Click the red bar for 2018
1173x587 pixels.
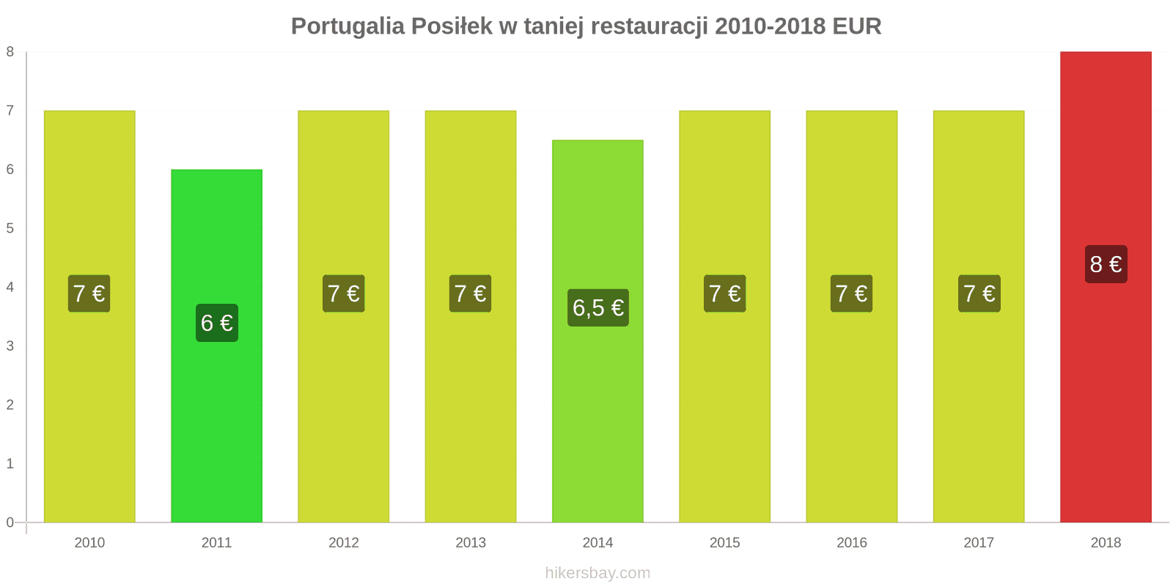tap(1106, 404)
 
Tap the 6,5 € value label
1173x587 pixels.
tap(597, 307)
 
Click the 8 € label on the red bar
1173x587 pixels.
tap(1106, 264)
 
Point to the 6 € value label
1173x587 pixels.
tap(216, 323)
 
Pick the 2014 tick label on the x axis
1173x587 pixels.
tap(597, 542)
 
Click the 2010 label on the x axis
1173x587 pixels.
tap(89, 542)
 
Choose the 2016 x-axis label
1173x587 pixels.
tap(851, 542)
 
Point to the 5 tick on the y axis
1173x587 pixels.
tap(10, 228)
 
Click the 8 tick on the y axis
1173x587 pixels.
tap(10, 52)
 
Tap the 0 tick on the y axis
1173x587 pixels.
tap(10, 522)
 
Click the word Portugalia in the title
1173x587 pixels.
tap(348, 26)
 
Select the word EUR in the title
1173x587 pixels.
tap(856, 26)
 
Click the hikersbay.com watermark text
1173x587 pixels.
tap(597, 573)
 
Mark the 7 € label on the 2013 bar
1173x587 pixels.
tap(470, 293)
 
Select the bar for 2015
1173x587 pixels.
tap(724, 411)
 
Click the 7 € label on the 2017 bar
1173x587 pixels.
tap(979, 293)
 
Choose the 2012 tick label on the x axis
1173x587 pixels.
tap(343, 542)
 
